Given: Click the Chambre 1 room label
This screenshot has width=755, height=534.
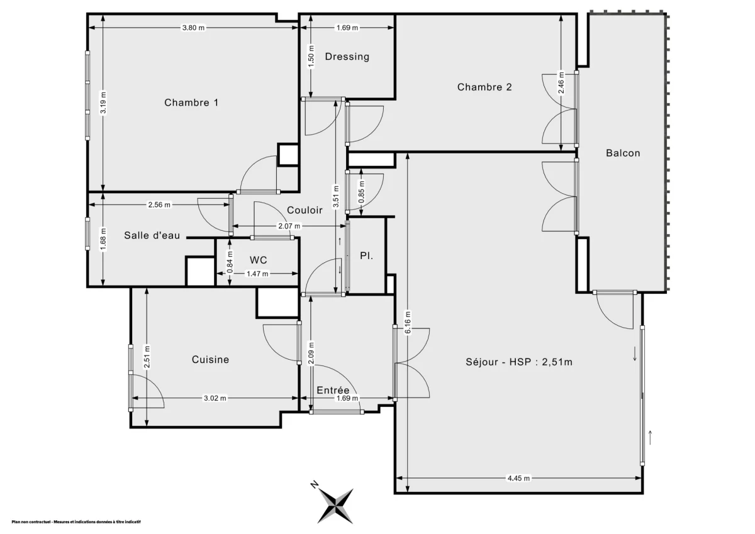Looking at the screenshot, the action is tap(191, 103).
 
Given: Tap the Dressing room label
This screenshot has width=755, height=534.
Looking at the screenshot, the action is tap(347, 57).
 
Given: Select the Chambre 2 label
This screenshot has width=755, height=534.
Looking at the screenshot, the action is tap(484, 87).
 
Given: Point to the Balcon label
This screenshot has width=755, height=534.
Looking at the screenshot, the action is tap(623, 153).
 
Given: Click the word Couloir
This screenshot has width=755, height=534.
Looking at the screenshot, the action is tap(305, 210).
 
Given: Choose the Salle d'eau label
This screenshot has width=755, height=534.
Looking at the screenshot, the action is tap(152, 235).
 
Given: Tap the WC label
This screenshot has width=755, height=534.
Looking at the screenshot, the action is tap(258, 260).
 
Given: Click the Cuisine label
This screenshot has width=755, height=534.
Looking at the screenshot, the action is tap(210, 360).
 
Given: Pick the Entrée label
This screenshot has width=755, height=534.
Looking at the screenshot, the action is tap(333, 390).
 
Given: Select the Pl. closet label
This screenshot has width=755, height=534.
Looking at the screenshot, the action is tap(366, 256).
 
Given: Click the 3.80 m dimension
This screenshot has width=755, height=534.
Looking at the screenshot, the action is tap(194, 28).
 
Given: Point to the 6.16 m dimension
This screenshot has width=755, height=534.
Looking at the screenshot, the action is tap(408, 323).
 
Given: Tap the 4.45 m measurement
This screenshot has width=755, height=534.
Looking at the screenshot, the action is tap(518, 478).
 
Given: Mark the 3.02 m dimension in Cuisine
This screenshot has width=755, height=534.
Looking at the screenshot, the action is tap(215, 398).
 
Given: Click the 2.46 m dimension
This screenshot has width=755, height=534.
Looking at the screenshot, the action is tap(561, 82).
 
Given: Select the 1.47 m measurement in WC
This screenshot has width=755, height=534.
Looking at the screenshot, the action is tap(257, 274).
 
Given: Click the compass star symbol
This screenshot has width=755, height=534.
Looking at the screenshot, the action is tap(336, 506).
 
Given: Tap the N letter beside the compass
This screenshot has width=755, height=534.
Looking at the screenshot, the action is tap(315, 485).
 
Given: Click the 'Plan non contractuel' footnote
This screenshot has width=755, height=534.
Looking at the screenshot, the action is tap(76, 522).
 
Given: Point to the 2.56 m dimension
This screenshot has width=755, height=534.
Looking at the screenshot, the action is tap(159, 205).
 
